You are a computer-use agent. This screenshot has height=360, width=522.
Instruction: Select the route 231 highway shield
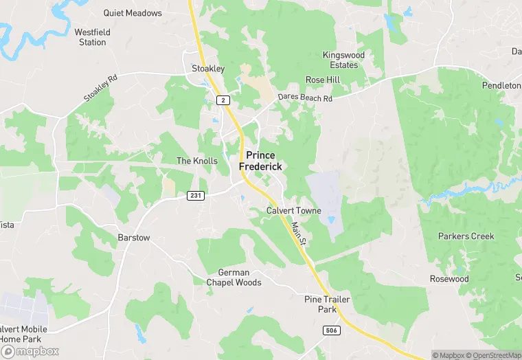click(195, 196)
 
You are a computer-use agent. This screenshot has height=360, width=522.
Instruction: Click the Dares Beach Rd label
click(305, 98)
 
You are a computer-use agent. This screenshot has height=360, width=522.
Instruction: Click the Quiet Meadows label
click(133, 13)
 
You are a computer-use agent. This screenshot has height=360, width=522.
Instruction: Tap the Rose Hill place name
click(323, 80)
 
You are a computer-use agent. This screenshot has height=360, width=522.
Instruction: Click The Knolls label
click(197, 161)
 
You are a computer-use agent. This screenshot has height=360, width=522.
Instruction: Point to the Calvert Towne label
click(293, 210)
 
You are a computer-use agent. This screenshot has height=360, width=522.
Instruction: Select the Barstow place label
click(134, 238)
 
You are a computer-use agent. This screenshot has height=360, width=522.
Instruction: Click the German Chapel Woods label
click(234, 278)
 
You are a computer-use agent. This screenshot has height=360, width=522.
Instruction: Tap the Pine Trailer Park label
click(328, 304)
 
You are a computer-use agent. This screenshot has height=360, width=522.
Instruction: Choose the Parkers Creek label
click(466, 236)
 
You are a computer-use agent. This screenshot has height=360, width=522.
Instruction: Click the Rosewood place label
click(449, 279)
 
